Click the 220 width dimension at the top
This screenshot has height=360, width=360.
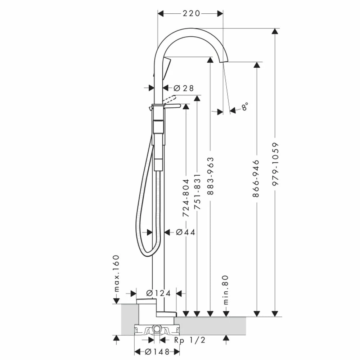pos(191,13)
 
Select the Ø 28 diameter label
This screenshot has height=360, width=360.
pos(183,88)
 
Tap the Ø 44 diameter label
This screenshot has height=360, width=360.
pos(185,233)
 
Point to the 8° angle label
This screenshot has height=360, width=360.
pos(245,107)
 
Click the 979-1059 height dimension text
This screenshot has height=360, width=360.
pos(275,164)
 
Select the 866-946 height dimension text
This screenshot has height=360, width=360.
pos(256,179)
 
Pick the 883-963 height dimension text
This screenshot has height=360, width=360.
pos(211,176)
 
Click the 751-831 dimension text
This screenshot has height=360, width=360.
pos(197,192)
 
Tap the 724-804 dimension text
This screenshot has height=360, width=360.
pos(186,198)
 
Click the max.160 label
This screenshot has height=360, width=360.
pos(116,273)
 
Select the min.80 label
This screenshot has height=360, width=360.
pos(226,290)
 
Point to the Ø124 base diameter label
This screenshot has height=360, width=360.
pos(158,293)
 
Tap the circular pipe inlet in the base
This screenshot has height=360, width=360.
pos(157,328)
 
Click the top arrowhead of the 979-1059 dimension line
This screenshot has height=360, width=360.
pos(275,31)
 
